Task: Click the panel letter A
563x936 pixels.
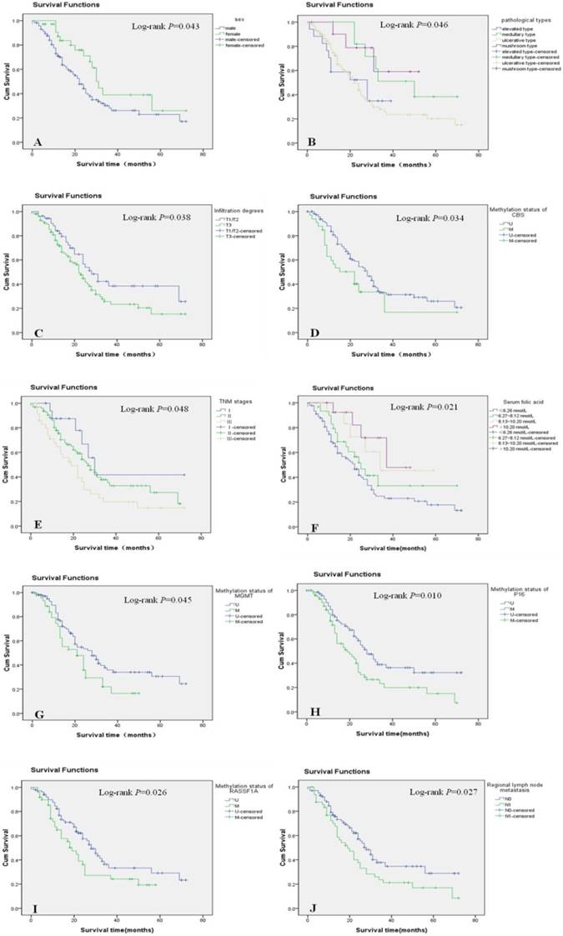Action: click(x=38, y=142)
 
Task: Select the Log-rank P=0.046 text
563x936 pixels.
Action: click(x=415, y=26)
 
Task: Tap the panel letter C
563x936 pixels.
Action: click(x=38, y=331)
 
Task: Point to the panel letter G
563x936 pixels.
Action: click(x=38, y=713)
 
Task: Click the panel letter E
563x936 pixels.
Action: click(x=38, y=525)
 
